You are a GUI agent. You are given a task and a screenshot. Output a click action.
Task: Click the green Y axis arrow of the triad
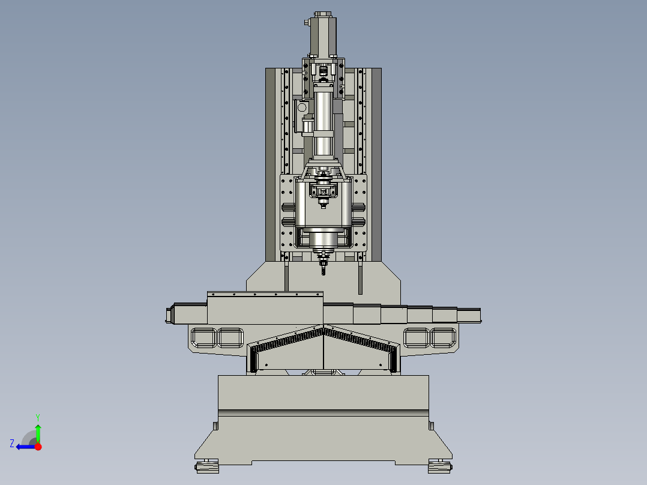tap(38, 432)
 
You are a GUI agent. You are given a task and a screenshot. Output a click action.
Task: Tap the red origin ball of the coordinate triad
tap(38, 447)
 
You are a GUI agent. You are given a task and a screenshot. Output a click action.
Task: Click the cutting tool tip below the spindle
tap(323, 271)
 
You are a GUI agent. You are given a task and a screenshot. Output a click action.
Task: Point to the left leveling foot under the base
tap(207, 466)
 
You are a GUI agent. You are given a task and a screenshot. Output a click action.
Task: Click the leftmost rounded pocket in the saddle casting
tap(202, 337)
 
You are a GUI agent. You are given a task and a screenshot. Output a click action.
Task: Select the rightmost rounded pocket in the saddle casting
tap(443, 337)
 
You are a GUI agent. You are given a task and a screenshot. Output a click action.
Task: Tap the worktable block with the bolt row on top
tap(265, 307)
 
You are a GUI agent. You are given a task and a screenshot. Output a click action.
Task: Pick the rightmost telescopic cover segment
tap(469, 315)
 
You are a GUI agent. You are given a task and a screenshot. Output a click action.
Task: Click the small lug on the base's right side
tap(431, 425)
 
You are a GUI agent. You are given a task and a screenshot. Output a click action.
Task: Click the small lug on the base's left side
tap(214, 425)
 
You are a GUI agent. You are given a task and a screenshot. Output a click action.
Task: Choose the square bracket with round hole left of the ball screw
tap(302, 108)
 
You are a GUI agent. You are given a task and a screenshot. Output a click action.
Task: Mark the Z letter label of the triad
tap(12, 444)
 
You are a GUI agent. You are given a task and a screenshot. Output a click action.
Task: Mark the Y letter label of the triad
tap(37, 417)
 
